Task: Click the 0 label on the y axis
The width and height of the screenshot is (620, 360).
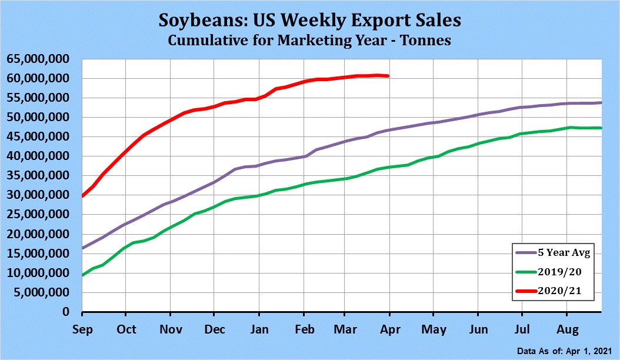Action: [66, 312]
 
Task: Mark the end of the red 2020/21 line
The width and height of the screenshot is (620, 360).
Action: [388, 76]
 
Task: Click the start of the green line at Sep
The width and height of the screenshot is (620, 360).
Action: [82, 275]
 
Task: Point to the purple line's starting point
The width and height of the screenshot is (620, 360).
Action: [82, 248]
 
